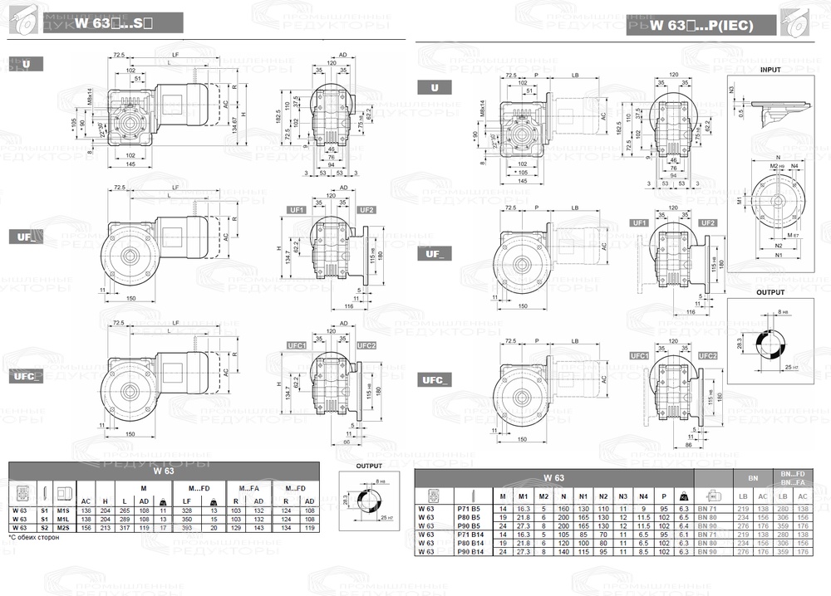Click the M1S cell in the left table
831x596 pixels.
[x=63, y=511]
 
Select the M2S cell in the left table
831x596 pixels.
[x=63, y=526]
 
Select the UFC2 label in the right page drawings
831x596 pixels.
[x=708, y=355]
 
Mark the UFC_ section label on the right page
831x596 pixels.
[x=436, y=379]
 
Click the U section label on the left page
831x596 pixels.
[x=27, y=63]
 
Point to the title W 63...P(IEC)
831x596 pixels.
[x=701, y=26]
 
